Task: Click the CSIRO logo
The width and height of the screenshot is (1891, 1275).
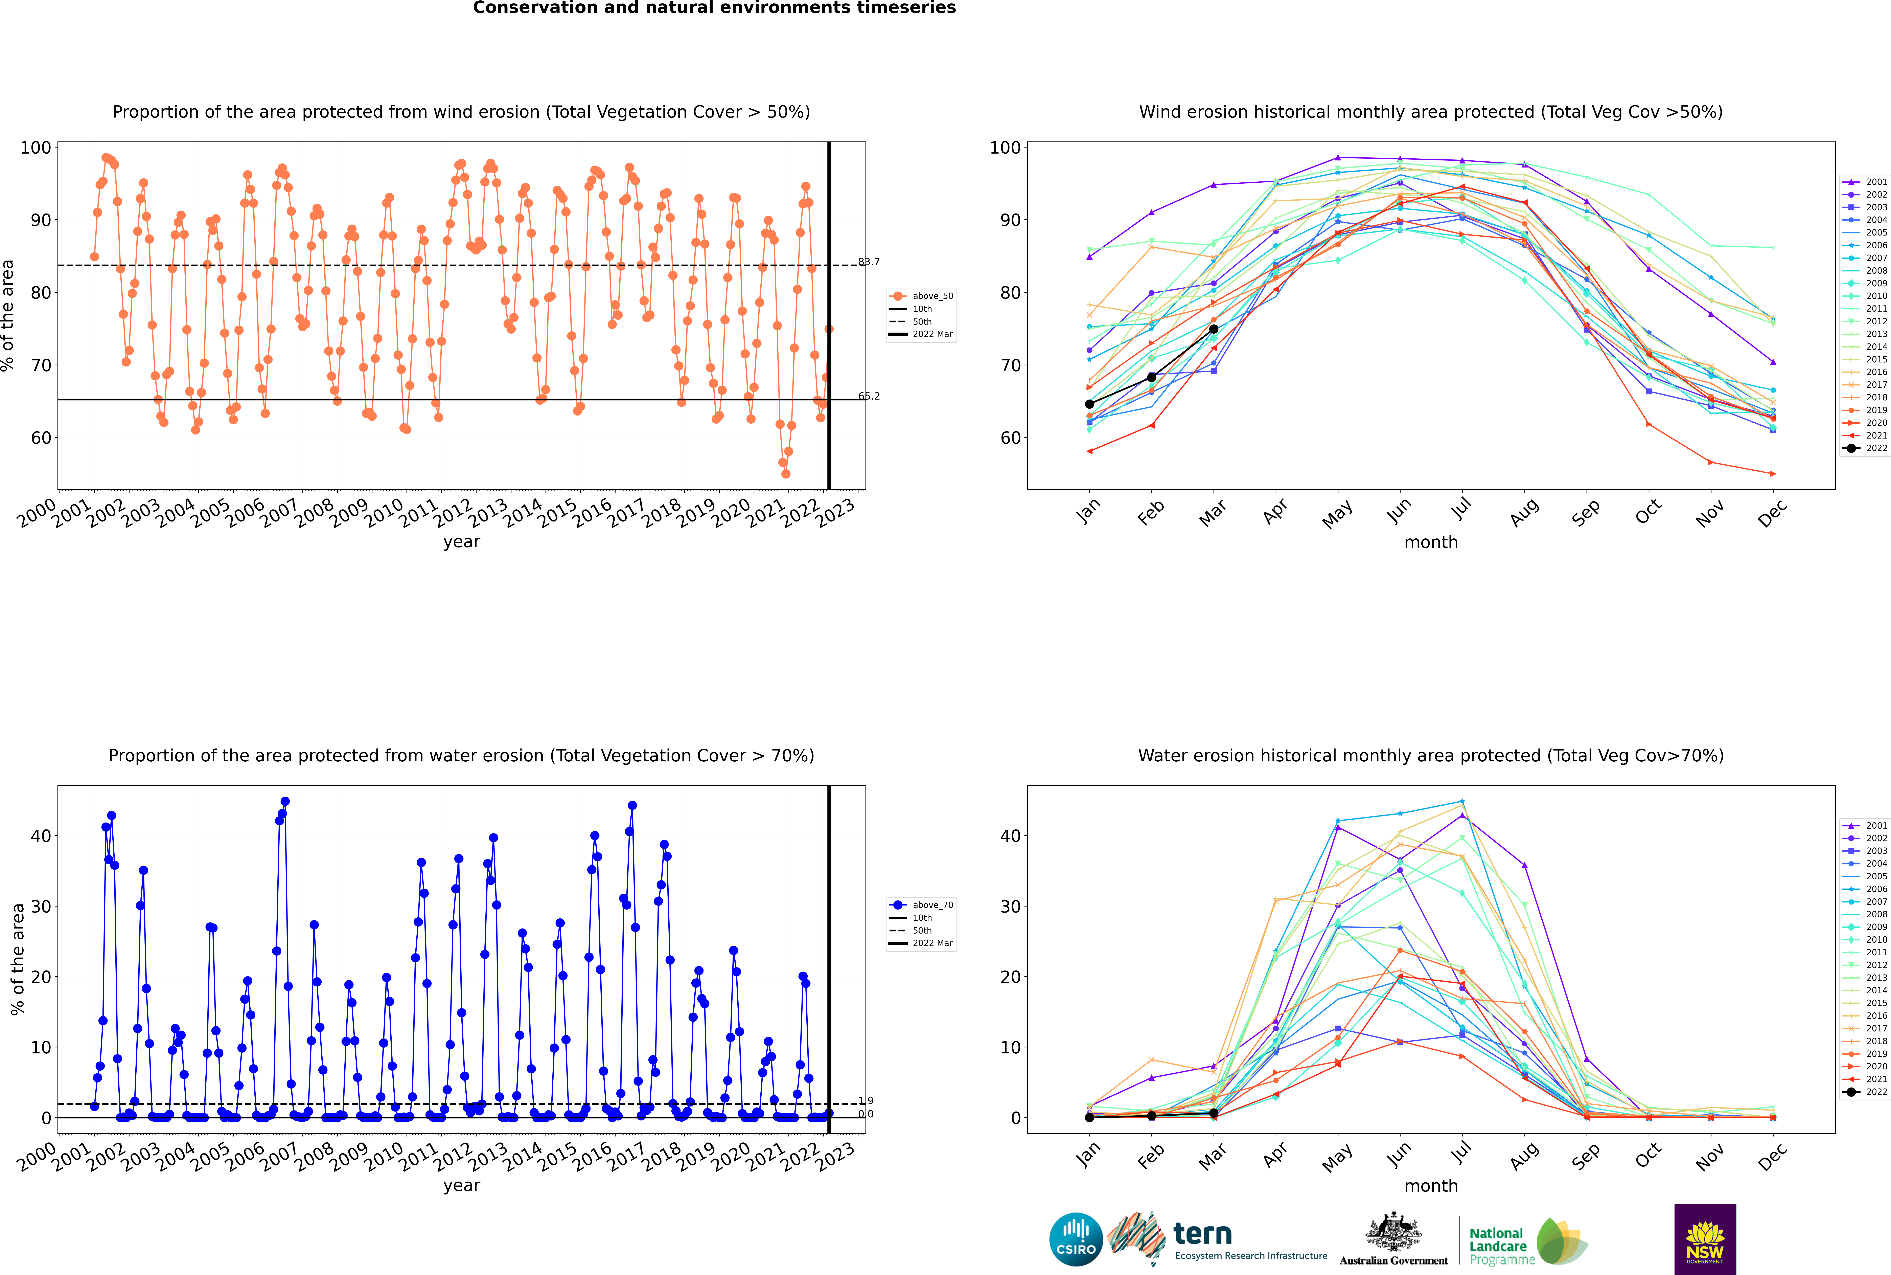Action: [1076, 1239]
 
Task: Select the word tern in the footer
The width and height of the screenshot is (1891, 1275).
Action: [1202, 1234]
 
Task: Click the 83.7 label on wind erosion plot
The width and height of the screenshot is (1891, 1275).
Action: [869, 262]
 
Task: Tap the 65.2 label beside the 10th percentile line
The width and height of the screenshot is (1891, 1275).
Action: [869, 396]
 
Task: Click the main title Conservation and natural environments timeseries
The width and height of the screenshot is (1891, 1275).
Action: [715, 8]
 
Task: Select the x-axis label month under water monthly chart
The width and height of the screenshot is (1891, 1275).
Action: [1431, 1186]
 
